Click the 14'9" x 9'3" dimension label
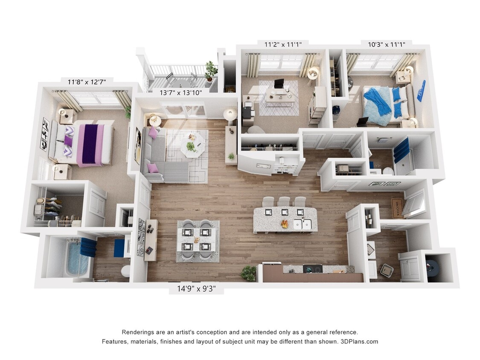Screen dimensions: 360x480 click(197, 289)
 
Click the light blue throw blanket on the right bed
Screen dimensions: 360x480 click(378, 104)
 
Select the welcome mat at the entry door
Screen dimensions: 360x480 click(397, 208)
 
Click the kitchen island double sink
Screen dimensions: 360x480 click(303, 224)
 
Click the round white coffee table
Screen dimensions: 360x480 click(192, 147)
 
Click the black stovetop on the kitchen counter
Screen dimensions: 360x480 click(312, 269)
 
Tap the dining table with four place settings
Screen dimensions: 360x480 click(198, 240)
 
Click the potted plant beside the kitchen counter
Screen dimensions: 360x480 click(249, 273)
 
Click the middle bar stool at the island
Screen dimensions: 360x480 click(284, 201)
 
